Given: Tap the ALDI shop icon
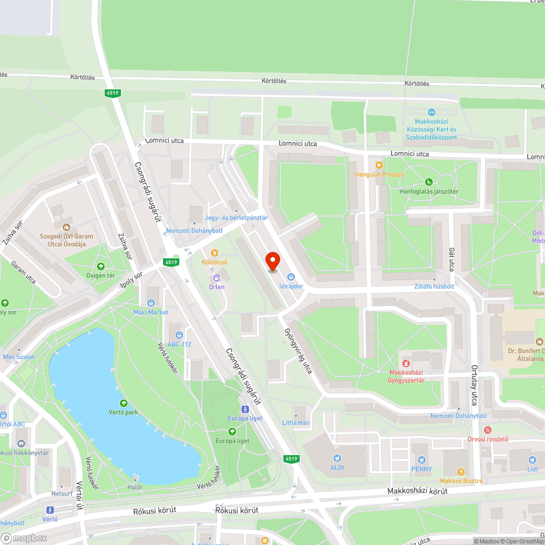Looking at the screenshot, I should click(337, 458).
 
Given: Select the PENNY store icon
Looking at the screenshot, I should click(421, 459).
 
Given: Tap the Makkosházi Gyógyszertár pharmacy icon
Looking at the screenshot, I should click(405, 363).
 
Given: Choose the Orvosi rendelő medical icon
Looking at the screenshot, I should click(488, 430).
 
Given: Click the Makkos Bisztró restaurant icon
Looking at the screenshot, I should click(461, 471).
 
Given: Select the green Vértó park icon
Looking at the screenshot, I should click(124, 403).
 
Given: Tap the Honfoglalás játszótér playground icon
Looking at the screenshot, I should click(429, 182).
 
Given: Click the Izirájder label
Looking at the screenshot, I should click(291, 286).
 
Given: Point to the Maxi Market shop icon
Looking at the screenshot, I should click(151, 303).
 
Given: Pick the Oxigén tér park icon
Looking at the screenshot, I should click(100, 267).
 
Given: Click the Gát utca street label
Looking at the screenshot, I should click(451, 258).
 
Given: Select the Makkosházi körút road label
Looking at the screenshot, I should click(417, 491).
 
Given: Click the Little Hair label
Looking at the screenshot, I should click(296, 422).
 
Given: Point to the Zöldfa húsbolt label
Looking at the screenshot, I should click(435, 286).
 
